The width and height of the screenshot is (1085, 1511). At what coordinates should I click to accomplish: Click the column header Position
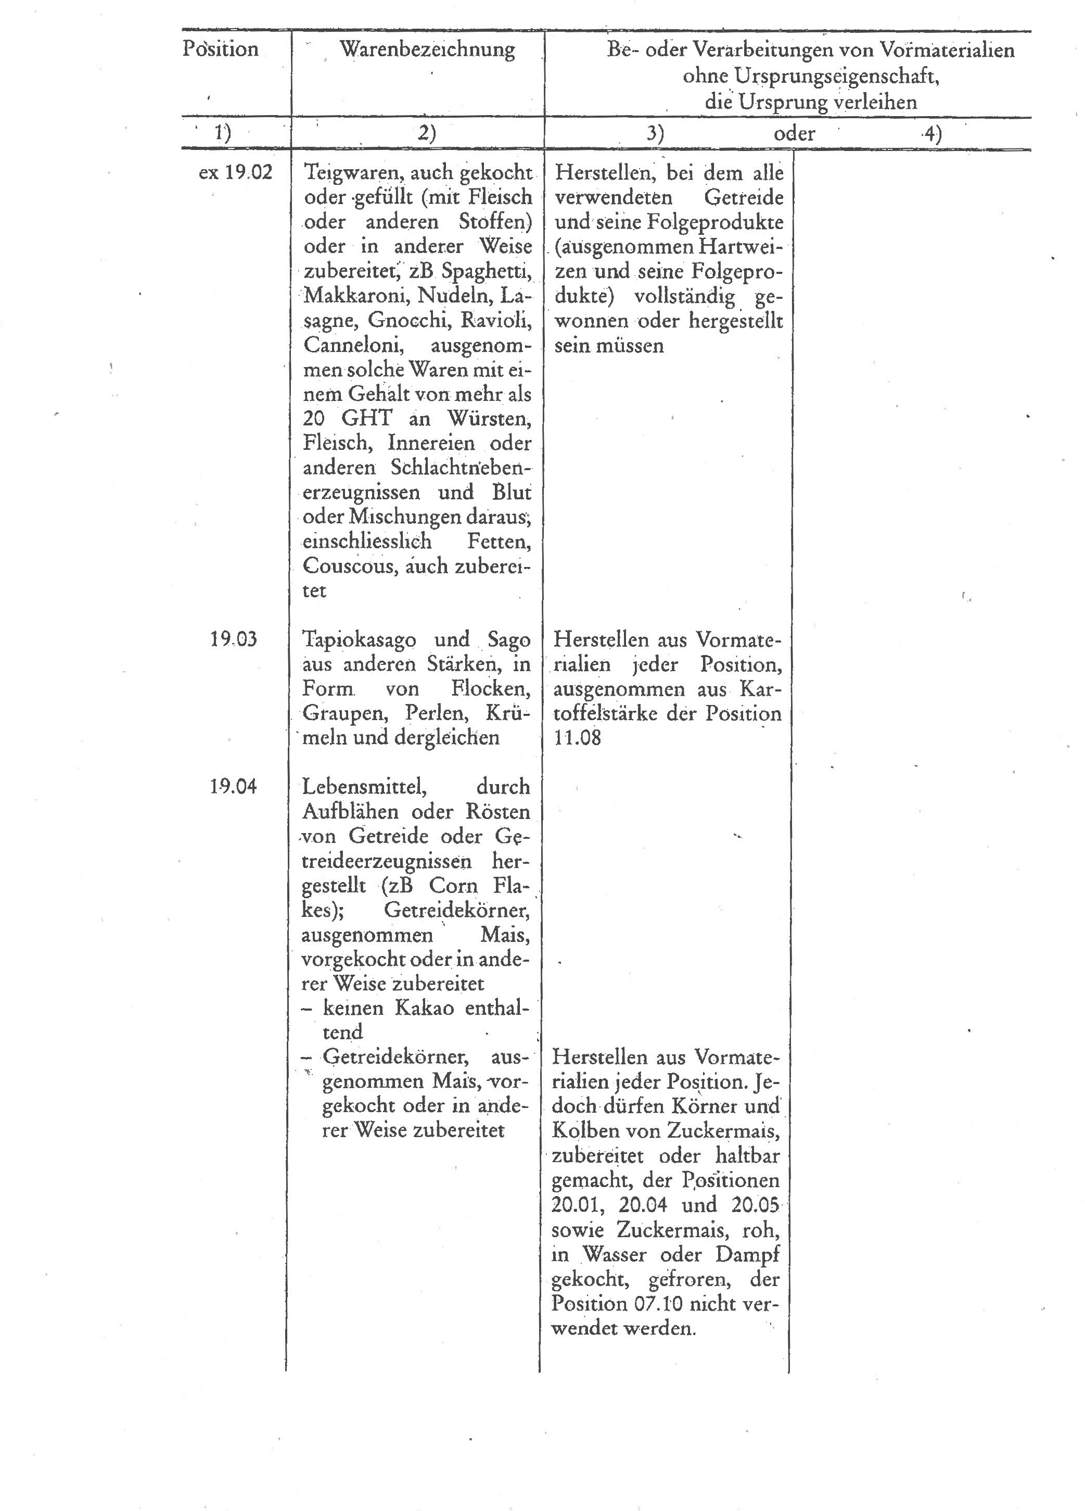221,49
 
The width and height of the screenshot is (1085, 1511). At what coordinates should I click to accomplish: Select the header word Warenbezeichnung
427,49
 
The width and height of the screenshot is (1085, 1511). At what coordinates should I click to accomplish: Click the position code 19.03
234,639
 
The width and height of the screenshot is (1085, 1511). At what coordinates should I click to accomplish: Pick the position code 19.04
233,787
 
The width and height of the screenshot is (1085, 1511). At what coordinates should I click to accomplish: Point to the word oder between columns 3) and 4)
794,134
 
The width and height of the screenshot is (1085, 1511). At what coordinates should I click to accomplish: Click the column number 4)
932,134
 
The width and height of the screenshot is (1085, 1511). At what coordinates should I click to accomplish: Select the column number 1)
222,134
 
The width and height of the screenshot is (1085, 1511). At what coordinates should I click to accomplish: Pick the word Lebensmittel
364,787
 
